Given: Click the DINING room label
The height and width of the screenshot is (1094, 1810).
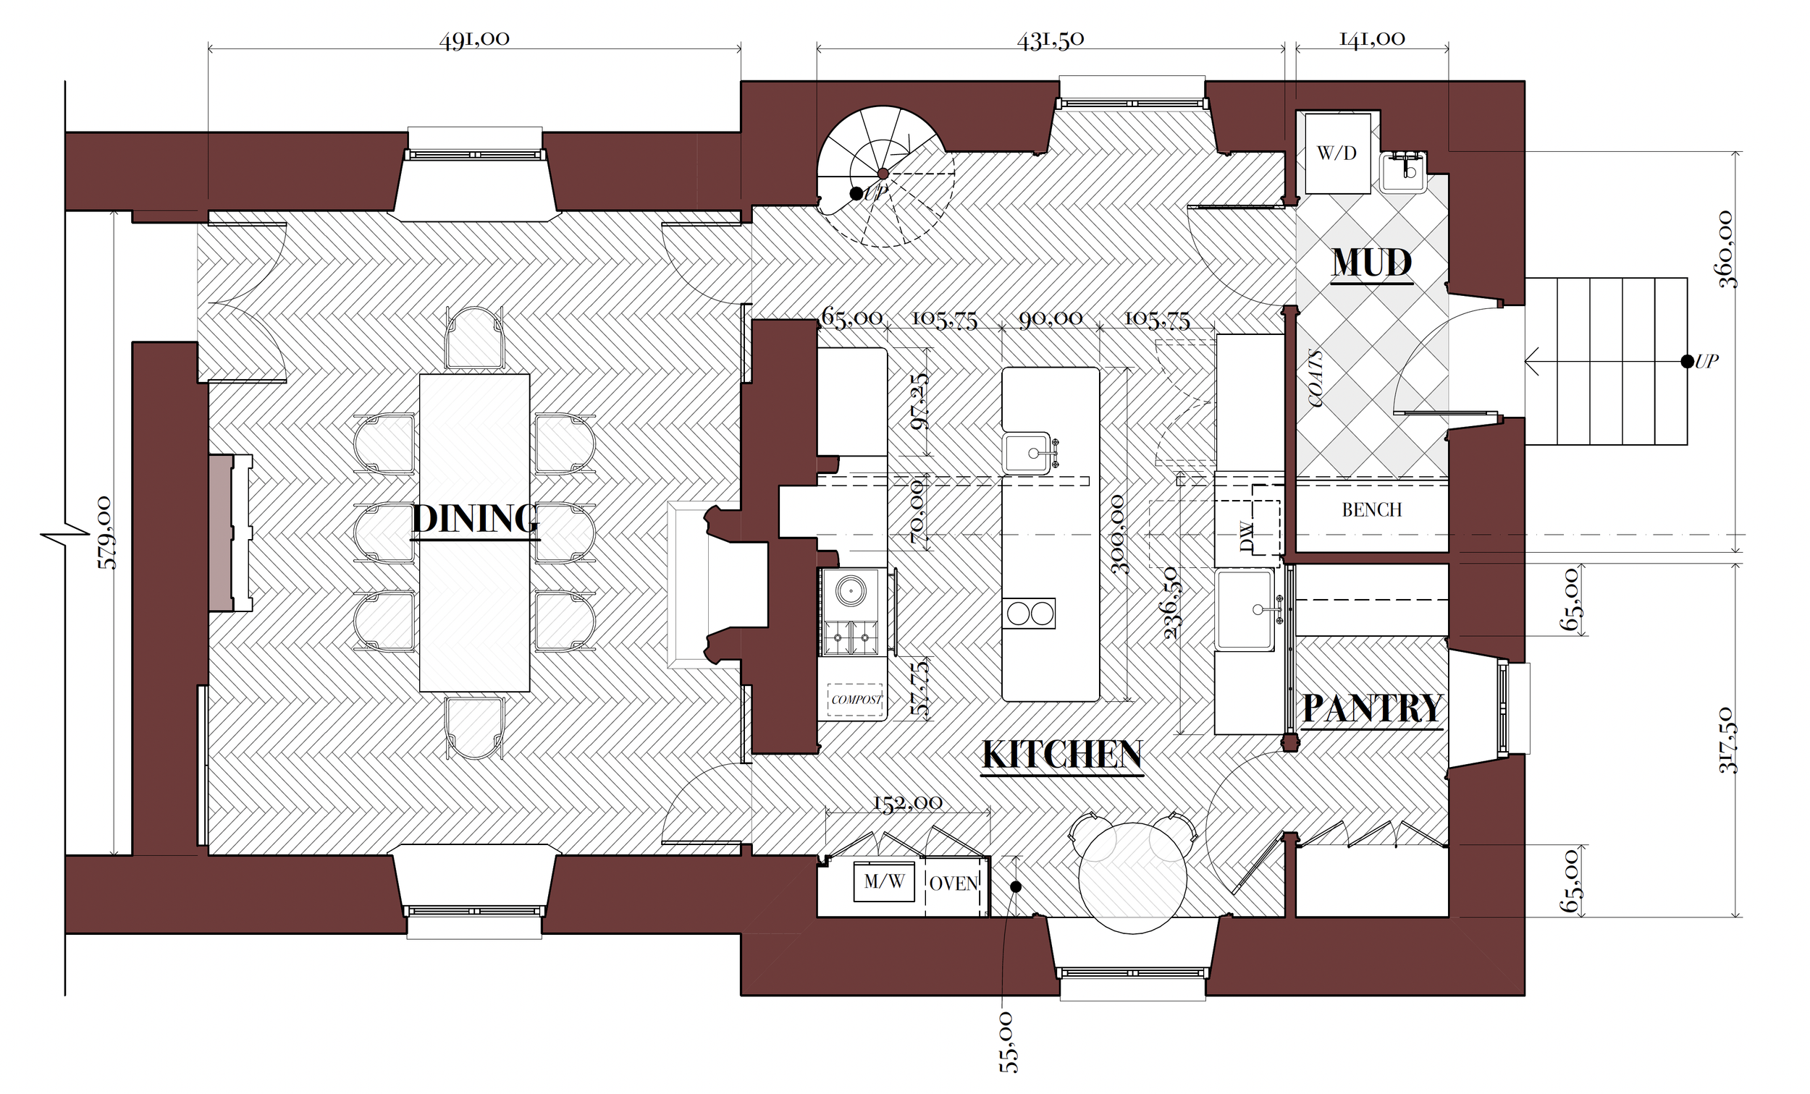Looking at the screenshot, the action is point(474,518).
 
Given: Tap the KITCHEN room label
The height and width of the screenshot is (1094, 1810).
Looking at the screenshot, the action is point(1062,755).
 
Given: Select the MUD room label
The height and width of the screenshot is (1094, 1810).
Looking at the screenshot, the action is point(1372,262).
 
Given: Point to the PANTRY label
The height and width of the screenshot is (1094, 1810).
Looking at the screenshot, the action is point(1372,708).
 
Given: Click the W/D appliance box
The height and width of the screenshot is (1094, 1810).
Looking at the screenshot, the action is point(1337,153).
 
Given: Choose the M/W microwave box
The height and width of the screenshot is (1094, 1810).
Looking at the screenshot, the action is point(884,882).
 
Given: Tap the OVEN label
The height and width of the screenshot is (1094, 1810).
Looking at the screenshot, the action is point(954,883).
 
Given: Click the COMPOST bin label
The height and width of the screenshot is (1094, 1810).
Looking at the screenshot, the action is point(856,700).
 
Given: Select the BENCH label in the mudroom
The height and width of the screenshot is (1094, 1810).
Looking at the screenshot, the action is point(1371,509).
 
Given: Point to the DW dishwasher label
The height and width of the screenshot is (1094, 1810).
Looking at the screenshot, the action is point(1245,536).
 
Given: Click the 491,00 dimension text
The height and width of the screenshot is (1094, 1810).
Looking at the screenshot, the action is point(474,39).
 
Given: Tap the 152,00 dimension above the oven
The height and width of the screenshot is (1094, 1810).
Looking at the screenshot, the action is point(907,802).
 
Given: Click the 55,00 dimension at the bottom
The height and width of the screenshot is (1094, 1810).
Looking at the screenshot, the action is point(1009,1042).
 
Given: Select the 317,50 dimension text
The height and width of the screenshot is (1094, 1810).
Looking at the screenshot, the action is point(1727,740).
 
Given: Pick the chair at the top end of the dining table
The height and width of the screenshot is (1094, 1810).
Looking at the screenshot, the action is point(474,339).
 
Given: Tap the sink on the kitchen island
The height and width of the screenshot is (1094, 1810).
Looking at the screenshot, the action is point(1027,453).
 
